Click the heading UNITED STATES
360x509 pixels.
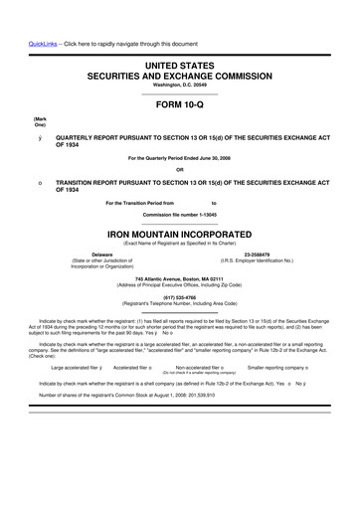[180, 65]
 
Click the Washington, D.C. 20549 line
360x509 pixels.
[180, 84]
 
